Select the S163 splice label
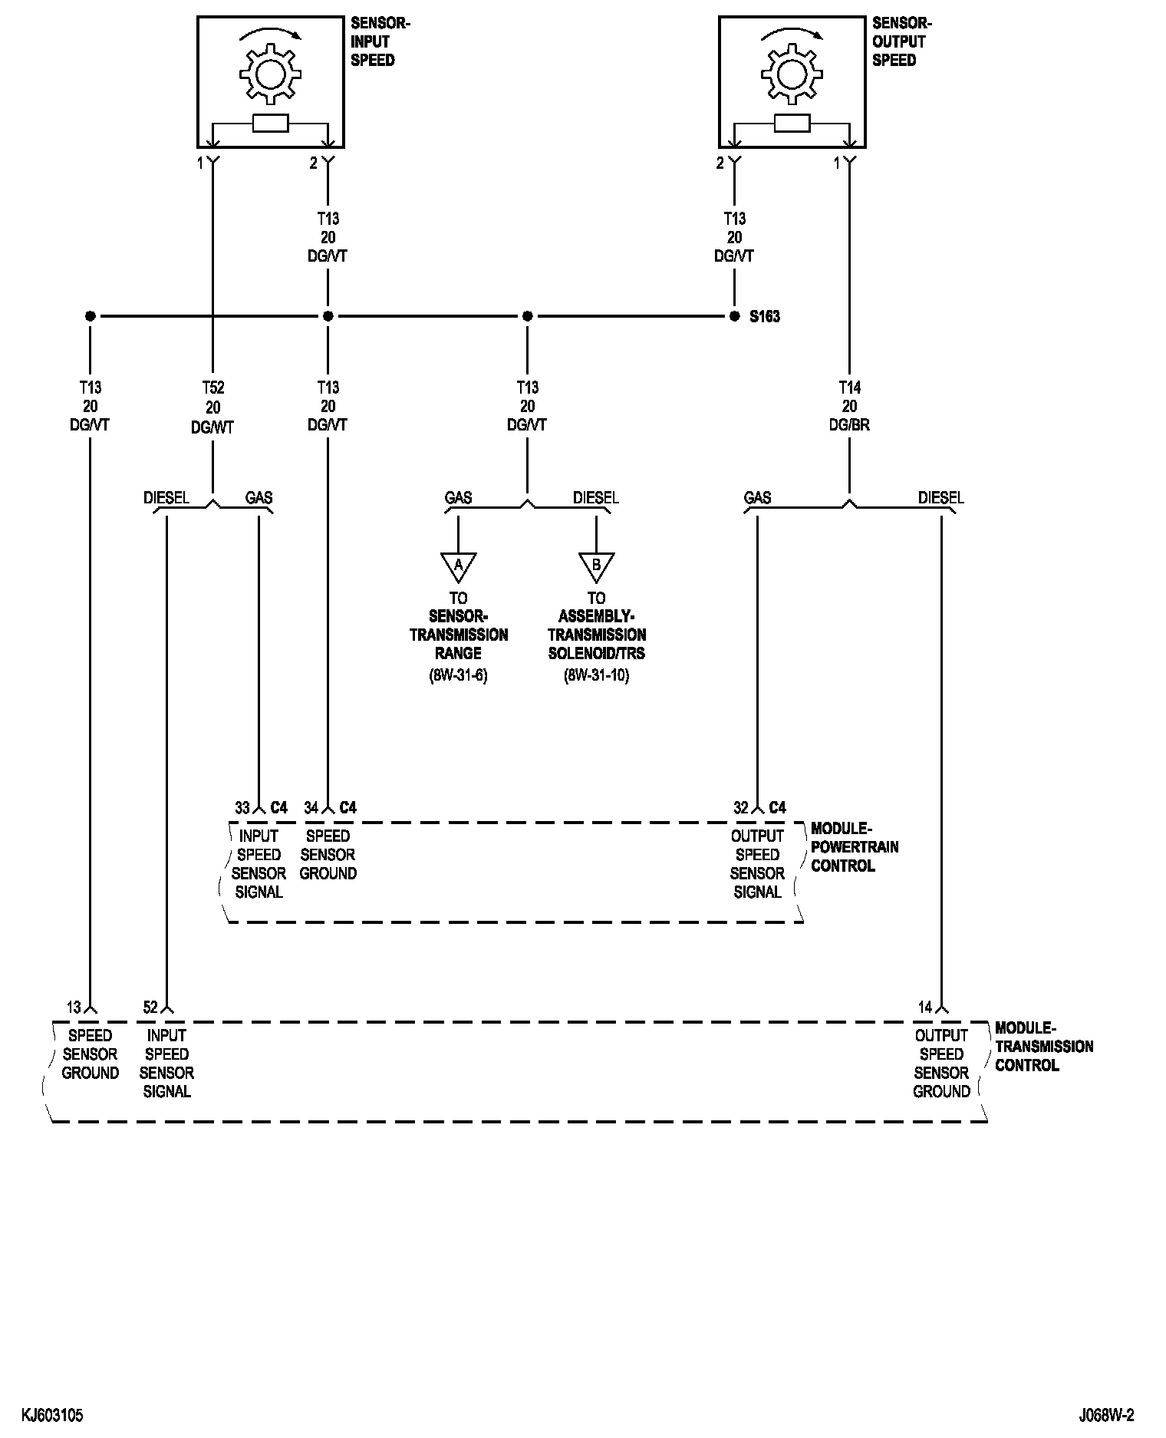pyautogui.click(x=765, y=316)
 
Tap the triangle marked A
pyautogui.click(x=458, y=566)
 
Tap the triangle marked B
pyautogui.click(x=596, y=566)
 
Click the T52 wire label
pyautogui.click(x=212, y=388)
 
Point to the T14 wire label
pyautogui.click(x=849, y=388)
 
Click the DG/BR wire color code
pyautogui.click(x=849, y=424)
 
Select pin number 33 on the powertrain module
pyautogui.click(x=242, y=807)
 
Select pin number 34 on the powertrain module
pyautogui.click(x=311, y=807)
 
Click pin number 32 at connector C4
pyautogui.click(x=741, y=807)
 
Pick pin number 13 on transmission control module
pyautogui.click(x=74, y=1007)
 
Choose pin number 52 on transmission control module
pyautogui.click(x=150, y=1007)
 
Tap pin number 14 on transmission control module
pyautogui.click(x=925, y=1007)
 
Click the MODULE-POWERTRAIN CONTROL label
pyautogui.click(x=854, y=846)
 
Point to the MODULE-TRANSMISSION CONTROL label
pyautogui.click(x=1043, y=1046)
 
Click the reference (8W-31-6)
pyautogui.click(x=458, y=676)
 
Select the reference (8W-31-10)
pyautogui.click(x=596, y=676)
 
